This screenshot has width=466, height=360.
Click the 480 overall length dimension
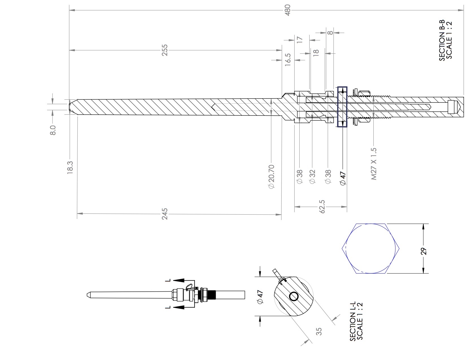(288, 10)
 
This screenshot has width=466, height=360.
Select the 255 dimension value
(165, 50)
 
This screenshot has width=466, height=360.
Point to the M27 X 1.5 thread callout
(374, 164)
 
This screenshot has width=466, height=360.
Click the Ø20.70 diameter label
(271, 177)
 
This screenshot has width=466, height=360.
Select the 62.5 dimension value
(322, 207)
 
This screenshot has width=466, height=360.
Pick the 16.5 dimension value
(288, 60)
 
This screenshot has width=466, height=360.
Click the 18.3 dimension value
(70, 167)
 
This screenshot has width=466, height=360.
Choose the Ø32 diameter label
(312, 177)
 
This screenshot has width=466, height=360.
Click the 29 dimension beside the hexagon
(424, 251)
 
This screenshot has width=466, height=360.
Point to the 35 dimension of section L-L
(319, 331)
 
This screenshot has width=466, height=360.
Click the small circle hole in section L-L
(293, 296)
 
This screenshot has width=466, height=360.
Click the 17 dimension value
(300, 40)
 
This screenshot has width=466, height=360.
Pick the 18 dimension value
(316, 52)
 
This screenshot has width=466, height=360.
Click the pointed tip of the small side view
(87, 295)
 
